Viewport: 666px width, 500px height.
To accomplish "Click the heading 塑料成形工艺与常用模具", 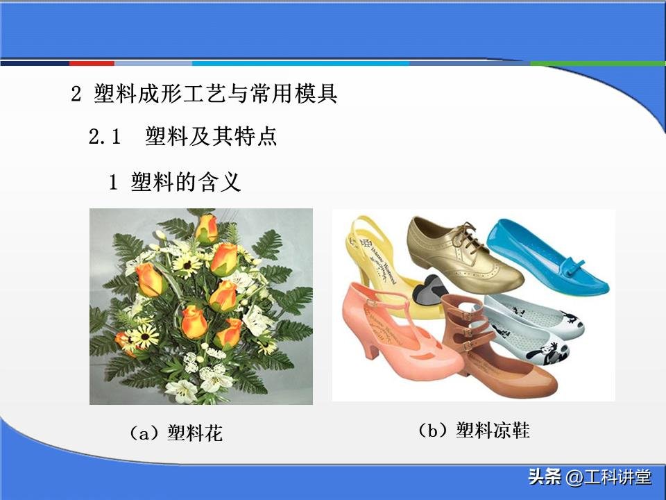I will [215, 94].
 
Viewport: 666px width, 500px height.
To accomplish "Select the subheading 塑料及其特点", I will [211, 137].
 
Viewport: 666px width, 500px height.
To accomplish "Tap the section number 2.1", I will [105, 137].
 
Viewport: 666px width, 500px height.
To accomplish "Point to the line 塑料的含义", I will [185, 182].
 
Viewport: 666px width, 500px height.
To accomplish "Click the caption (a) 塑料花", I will [176, 434].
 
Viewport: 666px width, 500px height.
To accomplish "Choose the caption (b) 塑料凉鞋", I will [473, 431].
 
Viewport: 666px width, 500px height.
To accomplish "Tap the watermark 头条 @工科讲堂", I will [590, 478].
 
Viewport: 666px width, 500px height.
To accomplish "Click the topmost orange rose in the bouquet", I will [206, 228].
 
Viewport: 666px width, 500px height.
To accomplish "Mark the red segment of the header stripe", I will [91, 63].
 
